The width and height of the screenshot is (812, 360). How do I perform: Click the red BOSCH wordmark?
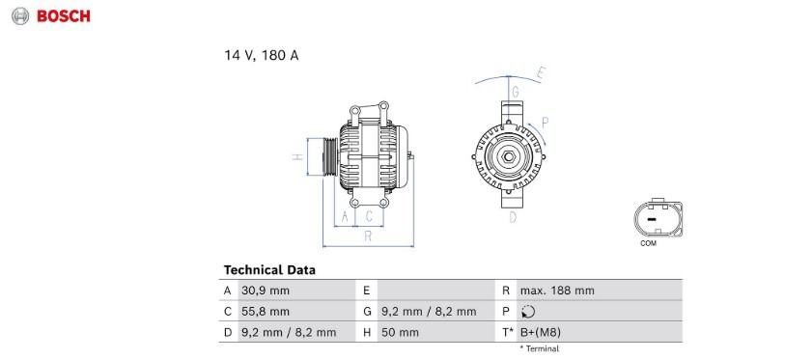point(63,16)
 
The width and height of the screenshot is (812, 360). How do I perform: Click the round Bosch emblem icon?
point(20,16)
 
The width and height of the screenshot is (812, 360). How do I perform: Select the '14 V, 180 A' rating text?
point(261,55)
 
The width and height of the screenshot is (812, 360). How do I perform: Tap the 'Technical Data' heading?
point(269,270)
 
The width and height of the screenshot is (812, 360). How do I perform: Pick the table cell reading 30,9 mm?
point(266,291)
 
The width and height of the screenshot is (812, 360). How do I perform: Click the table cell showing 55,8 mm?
point(266,312)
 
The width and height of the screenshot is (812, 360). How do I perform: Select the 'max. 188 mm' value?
point(557,291)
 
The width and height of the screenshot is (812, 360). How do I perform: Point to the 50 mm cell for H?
point(400,333)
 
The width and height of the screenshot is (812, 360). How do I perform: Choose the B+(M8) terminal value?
point(541,333)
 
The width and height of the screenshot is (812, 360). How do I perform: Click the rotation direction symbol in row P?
point(528,312)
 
